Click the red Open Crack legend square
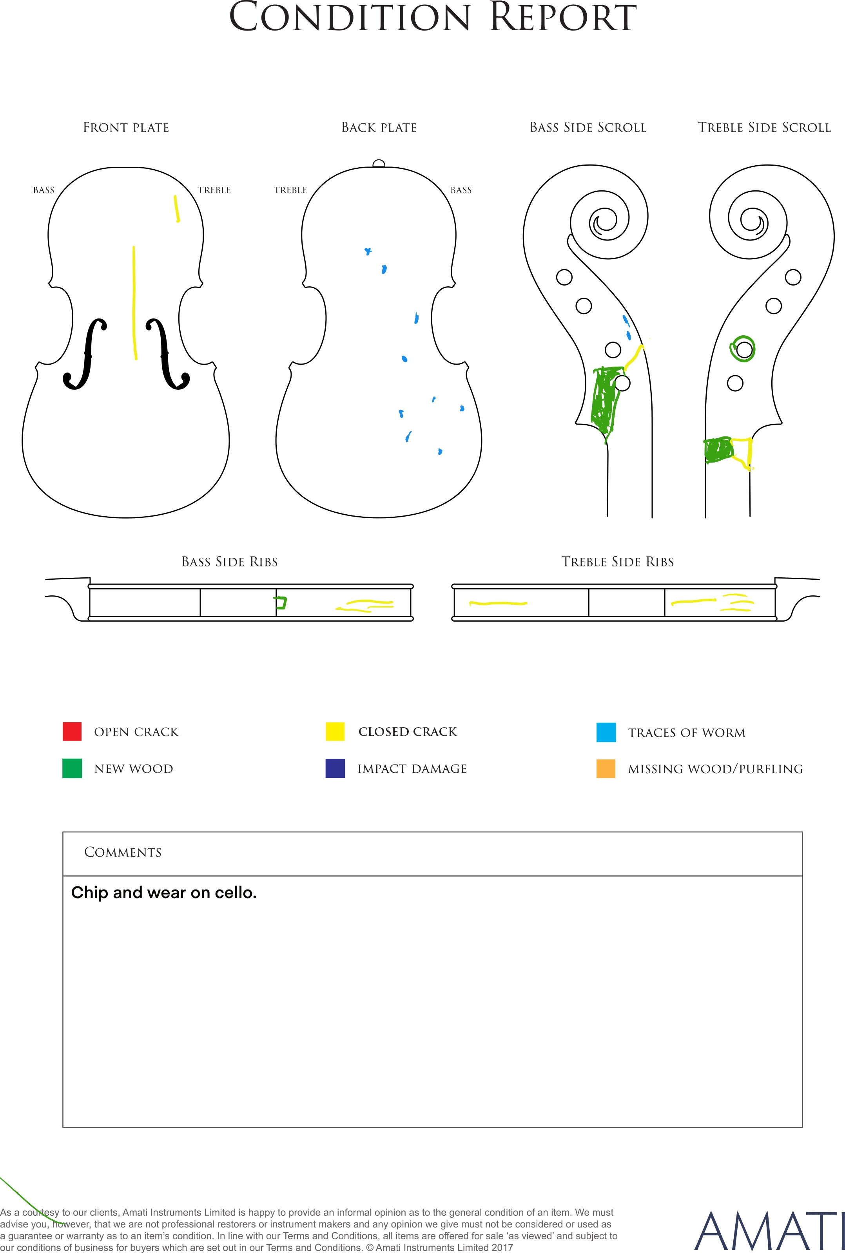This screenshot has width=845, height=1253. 72,731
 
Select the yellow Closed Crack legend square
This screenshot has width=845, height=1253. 335,731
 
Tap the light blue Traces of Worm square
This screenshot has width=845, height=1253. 606,732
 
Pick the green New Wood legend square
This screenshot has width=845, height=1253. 72,768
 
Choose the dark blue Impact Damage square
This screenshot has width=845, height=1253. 335,768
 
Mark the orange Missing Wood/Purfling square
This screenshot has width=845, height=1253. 606,768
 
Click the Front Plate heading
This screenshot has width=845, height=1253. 126,128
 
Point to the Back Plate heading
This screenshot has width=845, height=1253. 379,128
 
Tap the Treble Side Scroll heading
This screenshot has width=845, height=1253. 765,128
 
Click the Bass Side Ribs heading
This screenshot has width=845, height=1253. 230,562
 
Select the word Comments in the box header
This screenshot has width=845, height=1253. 123,852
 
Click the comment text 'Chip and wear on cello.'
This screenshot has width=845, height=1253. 164,893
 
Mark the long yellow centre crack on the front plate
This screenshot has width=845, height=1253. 134,303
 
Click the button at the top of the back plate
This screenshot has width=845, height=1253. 379,164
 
